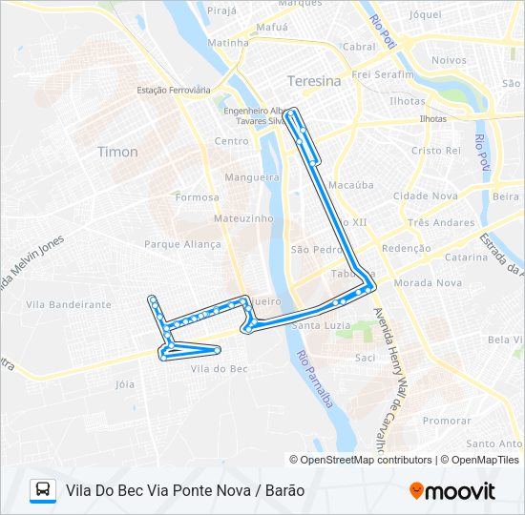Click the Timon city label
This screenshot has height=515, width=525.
117,152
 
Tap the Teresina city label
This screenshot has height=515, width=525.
313,82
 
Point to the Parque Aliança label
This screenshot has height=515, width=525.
182,244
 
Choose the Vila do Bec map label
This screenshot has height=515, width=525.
220,368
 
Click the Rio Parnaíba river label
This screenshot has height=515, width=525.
315,380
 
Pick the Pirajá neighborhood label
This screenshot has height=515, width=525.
220,10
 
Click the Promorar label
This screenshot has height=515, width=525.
447,421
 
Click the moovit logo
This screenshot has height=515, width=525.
452,490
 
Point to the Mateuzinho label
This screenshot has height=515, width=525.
243,218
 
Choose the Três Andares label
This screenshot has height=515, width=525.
440,223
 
